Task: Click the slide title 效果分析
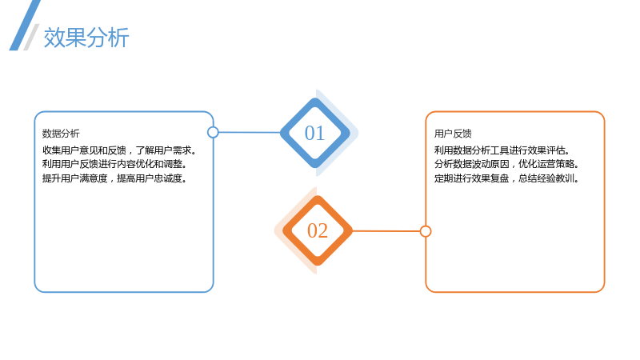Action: point(86,38)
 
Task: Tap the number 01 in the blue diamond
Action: point(314,133)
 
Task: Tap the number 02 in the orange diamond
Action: point(317,230)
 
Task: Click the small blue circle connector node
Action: point(213,132)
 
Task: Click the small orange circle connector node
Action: point(426,231)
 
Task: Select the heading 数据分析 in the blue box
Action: point(61,134)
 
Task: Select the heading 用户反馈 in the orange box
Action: point(453,134)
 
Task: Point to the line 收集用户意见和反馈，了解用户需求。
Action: point(119,150)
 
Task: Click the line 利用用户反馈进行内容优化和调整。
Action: point(114,164)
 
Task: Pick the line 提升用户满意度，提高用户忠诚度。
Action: point(114,178)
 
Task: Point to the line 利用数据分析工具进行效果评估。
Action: point(502,150)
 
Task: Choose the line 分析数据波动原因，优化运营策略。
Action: point(506,164)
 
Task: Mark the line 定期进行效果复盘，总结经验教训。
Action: point(506,178)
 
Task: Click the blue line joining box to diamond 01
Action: point(250,132)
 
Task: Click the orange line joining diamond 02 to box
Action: point(386,231)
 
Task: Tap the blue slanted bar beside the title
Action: point(25,26)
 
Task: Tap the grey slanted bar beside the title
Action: point(31,37)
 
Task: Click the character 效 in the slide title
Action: point(54,38)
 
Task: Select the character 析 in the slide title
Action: point(118,38)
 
